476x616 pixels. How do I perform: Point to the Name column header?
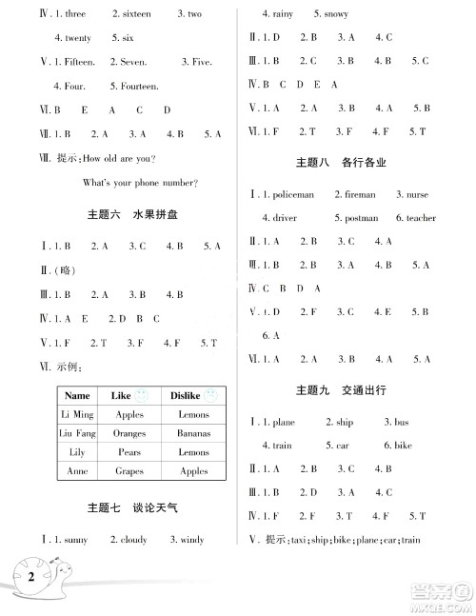pyautogui.click(x=77, y=395)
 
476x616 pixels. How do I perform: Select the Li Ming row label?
pyautogui.click(x=77, y=414)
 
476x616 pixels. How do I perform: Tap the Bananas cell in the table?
pyautogui.click(x=193, y=433)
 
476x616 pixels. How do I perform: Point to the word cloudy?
pyautogui.click(x=130, y=540)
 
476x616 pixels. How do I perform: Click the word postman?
pyautogui.click(x=362, y=218)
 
